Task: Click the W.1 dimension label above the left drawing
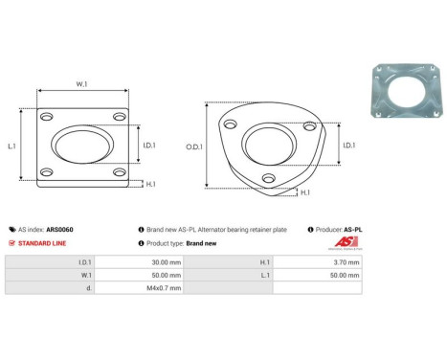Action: (81, 83)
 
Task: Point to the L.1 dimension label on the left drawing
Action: (11, 146)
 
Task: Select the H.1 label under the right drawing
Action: (304, 192)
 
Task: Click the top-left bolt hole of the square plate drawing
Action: (46, 116)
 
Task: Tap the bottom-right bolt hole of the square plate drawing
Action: (118, 173)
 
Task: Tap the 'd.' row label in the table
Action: (90, 286)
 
